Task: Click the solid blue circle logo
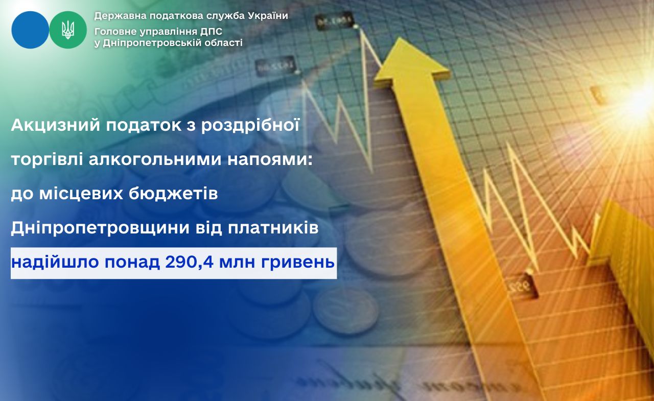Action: [x=30, y=30]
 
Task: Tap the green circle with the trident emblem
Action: [x=68, y=30]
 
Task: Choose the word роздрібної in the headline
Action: [x=250, y=126]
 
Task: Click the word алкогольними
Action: [x=155, y=160]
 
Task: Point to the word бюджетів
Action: [x=173, y=194]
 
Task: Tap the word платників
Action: [x=273, y=228]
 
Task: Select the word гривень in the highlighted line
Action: [x=298, y=263]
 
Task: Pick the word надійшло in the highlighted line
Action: [x=55, y=263]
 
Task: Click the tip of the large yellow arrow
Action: [x=400, y=37]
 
